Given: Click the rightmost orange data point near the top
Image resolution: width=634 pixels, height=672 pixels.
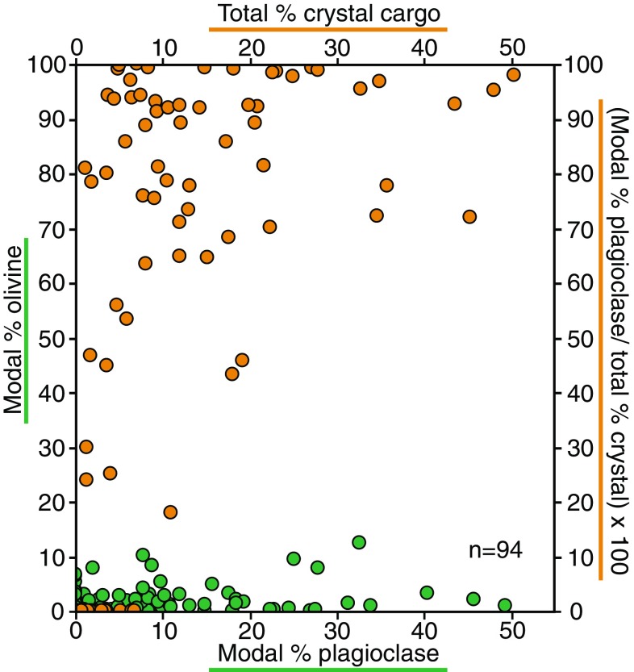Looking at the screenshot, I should tap(513, 75).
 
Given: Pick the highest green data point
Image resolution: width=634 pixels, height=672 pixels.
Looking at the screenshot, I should tap(359, 542).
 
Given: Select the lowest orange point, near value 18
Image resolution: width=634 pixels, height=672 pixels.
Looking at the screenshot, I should tap(170, 511).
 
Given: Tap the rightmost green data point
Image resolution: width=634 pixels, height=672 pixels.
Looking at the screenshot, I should tap(505, 605).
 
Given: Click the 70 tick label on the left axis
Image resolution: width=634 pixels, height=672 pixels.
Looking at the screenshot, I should tap(53, 230).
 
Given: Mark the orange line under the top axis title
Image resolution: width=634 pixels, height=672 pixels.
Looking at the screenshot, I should tap(327, 30).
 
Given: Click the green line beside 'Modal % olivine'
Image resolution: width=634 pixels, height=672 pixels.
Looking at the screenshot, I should tap(27, 330).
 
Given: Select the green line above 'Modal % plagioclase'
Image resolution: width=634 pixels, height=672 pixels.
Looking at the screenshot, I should tap(327, 670).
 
